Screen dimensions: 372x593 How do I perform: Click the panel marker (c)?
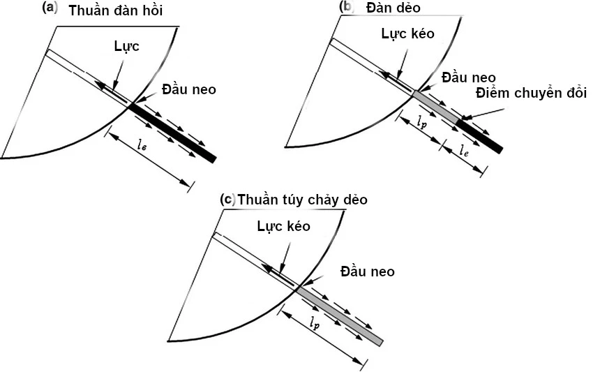click(227, 199)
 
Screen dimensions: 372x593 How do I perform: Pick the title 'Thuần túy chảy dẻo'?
click(302, 200)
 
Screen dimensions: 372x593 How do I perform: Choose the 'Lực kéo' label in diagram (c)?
click(283, 226)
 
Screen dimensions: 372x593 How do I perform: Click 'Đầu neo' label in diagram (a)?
click(188, 89)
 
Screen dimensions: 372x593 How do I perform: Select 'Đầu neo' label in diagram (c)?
click(367, 271)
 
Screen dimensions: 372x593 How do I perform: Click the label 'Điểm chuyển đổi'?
click(532, 93)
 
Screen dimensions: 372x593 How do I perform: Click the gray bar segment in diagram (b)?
click(435, 107)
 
